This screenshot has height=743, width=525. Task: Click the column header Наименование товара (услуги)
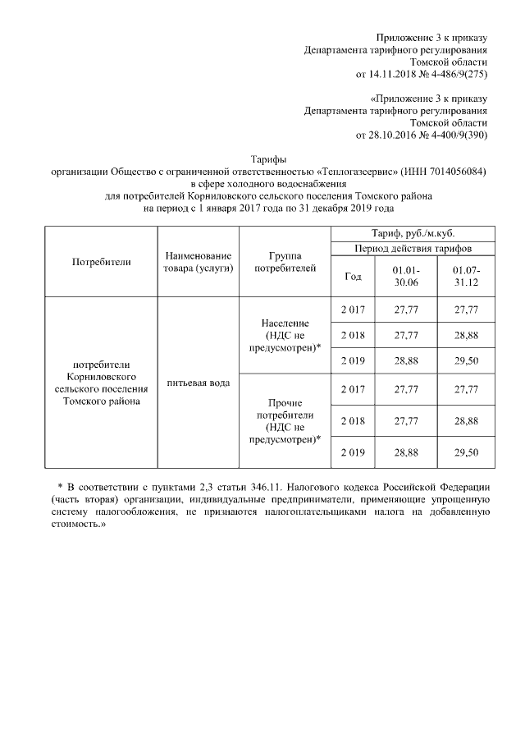[198, 262]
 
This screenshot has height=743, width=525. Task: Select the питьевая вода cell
[198, 383]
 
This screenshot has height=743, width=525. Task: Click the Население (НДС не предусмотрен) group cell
[284, 336]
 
